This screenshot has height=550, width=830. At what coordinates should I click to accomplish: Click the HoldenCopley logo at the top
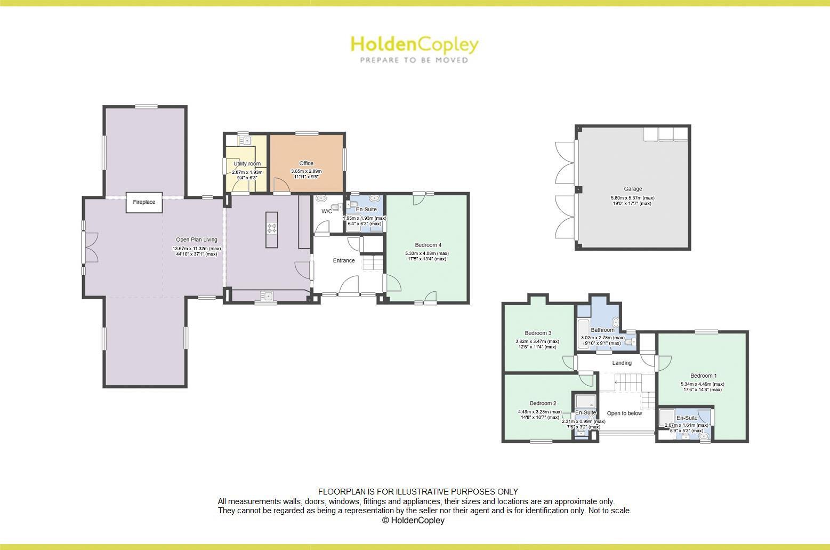[x=414, y=45]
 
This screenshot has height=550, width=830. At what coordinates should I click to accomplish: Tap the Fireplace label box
[x=144, y=202]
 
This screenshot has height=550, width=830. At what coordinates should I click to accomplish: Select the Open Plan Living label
[x=197, y=240]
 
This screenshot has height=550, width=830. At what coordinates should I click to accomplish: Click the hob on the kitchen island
[x=272, y=228]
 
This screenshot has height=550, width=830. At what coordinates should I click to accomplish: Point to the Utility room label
[x=247, y=164]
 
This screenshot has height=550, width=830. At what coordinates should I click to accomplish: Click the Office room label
[x=306, y=163]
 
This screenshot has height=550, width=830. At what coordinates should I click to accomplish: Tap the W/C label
[x=326, y=211]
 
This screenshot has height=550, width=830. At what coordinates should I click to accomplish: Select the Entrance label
[x=344, y=260]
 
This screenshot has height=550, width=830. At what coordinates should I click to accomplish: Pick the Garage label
[x=633, y=189]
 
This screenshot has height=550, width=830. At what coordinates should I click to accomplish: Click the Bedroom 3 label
[x=538, y=333]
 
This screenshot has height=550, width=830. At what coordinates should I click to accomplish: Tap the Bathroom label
[x=602, y=330]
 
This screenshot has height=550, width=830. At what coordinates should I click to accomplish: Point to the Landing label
[x=622, y=363]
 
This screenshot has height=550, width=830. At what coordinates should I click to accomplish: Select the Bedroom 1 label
[x=703, y=376]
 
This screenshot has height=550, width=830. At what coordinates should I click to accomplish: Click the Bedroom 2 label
[x=543, y=403]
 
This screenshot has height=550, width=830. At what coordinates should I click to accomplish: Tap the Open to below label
[x=624, y=413]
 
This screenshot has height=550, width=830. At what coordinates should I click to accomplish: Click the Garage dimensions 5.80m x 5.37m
[x=632, y=198]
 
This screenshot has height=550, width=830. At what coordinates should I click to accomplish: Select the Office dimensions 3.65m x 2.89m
[x=306, y=171]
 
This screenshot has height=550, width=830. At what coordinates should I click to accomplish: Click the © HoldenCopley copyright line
[x=413, y=520]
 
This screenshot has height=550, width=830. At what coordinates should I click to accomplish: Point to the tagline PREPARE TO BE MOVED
[x=414, y=60]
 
